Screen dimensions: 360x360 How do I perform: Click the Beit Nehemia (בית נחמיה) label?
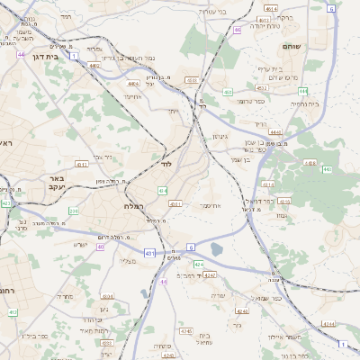tap(308, 103)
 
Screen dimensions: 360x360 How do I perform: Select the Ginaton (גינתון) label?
tap(219, 136)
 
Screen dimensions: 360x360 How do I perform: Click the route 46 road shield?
tap(237, 30)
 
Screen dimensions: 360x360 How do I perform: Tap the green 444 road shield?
tap(304, 91)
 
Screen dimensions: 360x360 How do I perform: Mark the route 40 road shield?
tap(164, 282)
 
